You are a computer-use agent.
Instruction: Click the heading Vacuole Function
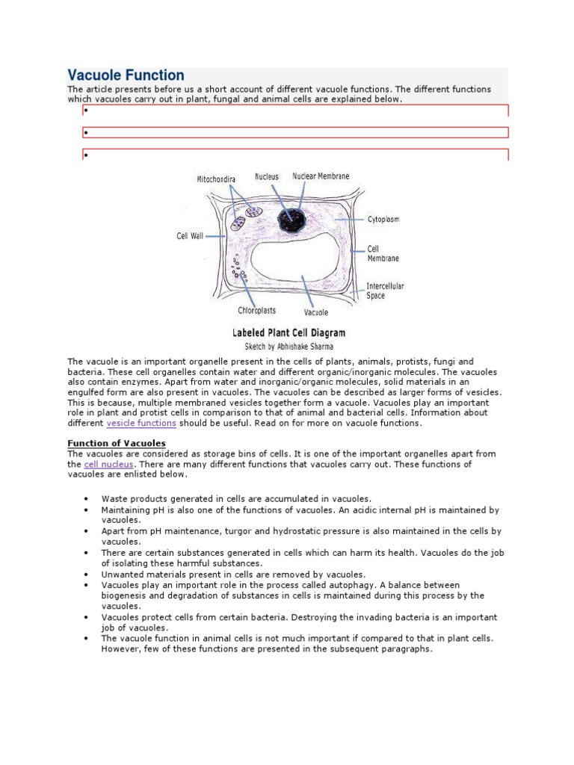(126, 75)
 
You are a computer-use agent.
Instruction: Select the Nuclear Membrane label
(321, 177)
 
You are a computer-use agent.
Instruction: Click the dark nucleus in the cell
(286, 219)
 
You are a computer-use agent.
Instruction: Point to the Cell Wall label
(190, 236)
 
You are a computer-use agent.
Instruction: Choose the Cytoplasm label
(383, 220)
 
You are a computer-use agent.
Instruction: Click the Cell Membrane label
(383, 253)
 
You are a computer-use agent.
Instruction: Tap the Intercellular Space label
(385, 291)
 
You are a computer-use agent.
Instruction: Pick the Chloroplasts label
(259, 311)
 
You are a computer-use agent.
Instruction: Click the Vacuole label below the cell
(316, 312)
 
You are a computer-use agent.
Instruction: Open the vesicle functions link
(141, 423)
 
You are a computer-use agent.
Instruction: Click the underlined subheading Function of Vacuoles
(117, 443)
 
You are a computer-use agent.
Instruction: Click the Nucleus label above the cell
(266, 177)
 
